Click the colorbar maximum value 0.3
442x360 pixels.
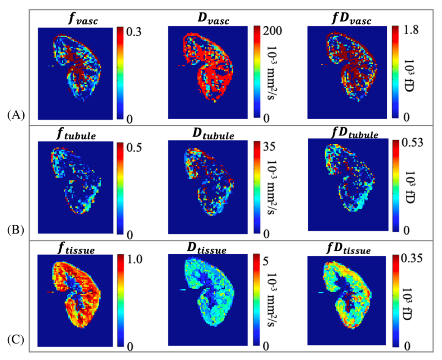135,32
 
